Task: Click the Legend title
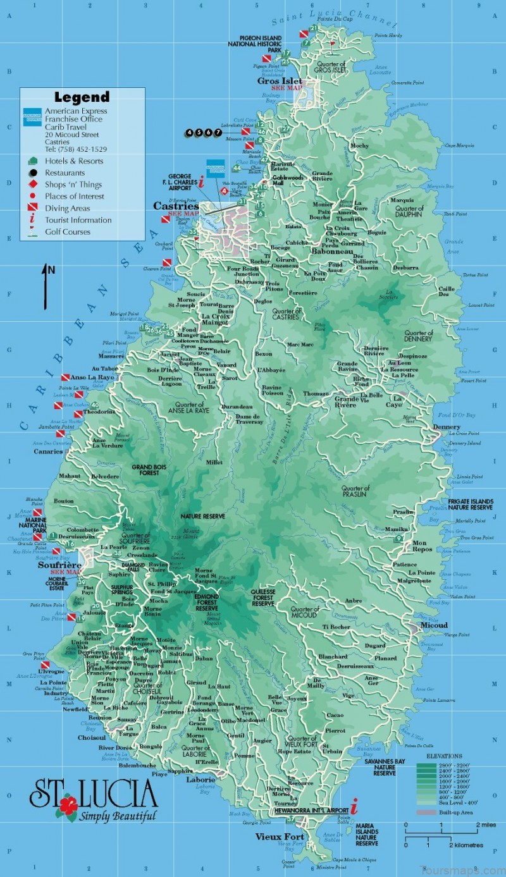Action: pyautogui.click(x=82, y=97)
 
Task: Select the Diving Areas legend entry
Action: pyautogui.click(x=67, y=208)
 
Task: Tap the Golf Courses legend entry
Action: pyautogui.click(x=67, y=231)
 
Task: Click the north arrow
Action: pyautogui.click(x=46, y=286)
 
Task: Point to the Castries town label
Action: pyautogui.click(x=176, y=206)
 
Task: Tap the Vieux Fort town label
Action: pyautogui.click(x=279, y=837)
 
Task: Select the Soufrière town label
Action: pyautogui.click(x=59, y=565)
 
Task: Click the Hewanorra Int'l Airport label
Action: pyautogui.click(x=311, y=810)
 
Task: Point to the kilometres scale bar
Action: pyautogui.click(x=443, y=838)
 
